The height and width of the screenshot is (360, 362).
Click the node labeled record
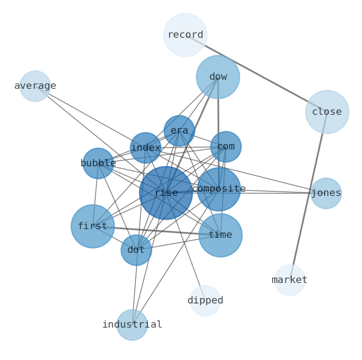click(x=185, y=35)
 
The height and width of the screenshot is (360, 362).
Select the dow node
click(x=218, y=77)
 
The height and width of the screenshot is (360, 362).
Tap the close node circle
click(x=327, y=112)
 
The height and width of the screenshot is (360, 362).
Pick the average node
click(x=35, y=86)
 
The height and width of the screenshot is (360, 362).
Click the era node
click(x=179, y=131)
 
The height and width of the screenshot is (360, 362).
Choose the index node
click(x=145, y=148)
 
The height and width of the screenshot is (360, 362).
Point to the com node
click(x=226, y=147)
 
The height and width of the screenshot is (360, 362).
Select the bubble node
click(x=98, y=163)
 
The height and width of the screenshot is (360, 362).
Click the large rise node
click(x=166, y=193)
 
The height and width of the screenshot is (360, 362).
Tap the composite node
click(x=219, y=189)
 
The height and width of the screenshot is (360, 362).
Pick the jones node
click(x=326, y=193)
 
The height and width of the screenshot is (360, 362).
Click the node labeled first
click(x=93, y=226)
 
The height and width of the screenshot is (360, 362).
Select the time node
click(x=220, y=235)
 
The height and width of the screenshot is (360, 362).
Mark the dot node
click(x=136, y=250)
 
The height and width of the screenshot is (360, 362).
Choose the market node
click(x=290, y=280)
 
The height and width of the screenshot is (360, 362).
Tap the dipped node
click(x=205, y=301)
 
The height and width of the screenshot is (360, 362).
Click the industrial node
click(x=132, y=325)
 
